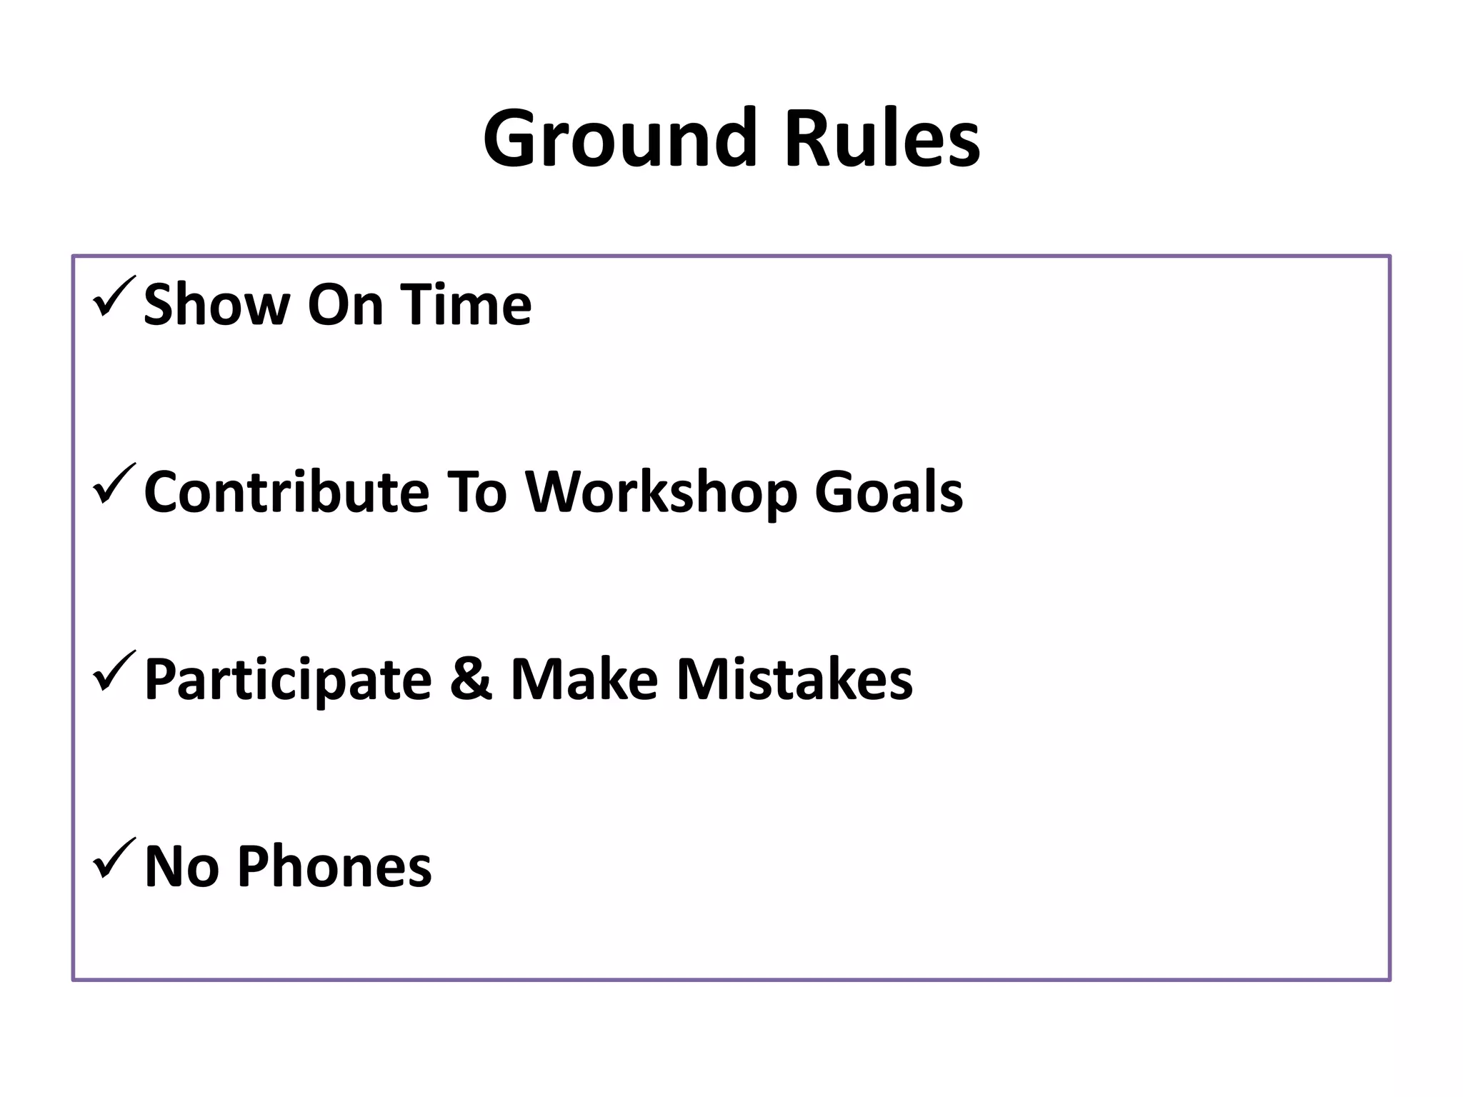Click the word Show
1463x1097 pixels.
(216, 305)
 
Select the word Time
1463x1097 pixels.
(465, 305)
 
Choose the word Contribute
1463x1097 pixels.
(286, 492)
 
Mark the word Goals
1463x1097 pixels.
(889, 492)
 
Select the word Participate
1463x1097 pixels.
(288, 681)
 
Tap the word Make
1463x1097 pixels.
(584, 679)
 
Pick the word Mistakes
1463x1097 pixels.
(794, 679)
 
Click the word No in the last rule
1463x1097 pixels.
(181, 866)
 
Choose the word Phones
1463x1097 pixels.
(334, 866)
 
